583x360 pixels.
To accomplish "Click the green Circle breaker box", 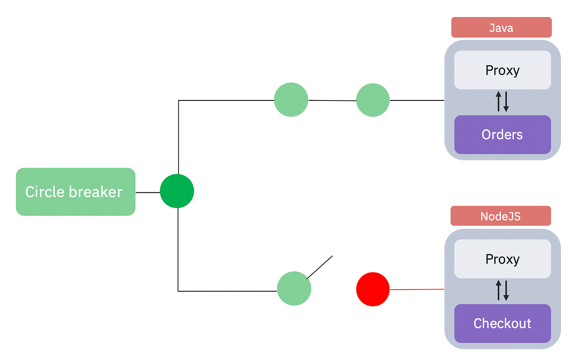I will pos(75,192).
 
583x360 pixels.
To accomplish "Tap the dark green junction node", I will pos(177,191).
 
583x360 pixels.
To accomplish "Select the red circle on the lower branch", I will pos(373,289).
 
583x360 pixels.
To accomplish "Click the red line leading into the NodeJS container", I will pos(417,289).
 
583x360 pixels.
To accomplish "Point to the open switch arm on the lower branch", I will pos(320,267).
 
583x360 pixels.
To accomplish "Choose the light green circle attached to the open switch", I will pos(294,288).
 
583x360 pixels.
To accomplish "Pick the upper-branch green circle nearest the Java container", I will pos(373,100).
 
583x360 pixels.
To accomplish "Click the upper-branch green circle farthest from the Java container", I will pos(291,100).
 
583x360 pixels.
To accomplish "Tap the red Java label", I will pos(501,27).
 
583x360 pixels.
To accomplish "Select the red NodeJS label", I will pos(501,216).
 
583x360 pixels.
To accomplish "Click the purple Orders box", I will pos(502,135).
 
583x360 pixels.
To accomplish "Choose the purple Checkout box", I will pos(502,323).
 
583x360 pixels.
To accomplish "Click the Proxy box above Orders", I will pos(502,70).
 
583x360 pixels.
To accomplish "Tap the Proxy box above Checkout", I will pos(502,259).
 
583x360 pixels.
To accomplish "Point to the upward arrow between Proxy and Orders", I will pos(498,102).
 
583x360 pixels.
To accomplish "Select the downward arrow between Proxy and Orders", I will pos(506,102).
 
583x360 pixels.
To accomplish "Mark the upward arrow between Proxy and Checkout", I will pos(498,290).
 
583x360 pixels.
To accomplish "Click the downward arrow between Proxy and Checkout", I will pos(506,291).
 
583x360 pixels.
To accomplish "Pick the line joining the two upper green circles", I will pos(332,100).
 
